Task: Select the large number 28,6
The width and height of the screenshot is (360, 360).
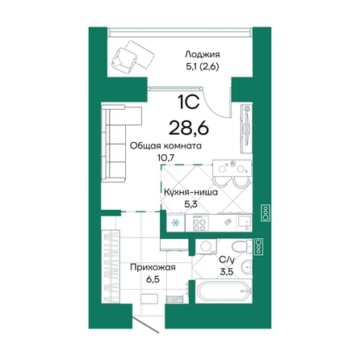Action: coord(187,126)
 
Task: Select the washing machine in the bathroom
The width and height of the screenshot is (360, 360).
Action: coord(204,247)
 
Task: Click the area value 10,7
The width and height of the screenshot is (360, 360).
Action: coord(165,158)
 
